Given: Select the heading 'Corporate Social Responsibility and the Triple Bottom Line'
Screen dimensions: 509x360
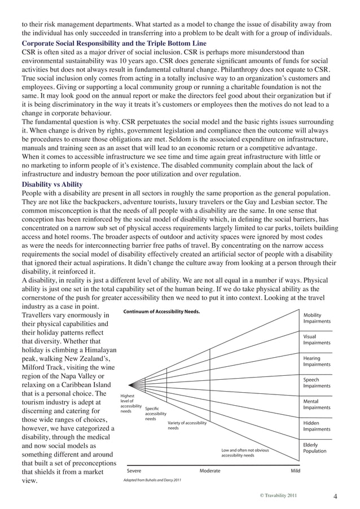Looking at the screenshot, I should point(114,43).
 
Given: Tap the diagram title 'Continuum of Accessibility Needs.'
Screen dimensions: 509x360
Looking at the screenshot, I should point(161,311).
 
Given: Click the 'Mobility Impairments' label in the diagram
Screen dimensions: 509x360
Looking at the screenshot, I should point(317,318).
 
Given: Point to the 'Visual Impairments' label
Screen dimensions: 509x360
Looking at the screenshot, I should point(317,339).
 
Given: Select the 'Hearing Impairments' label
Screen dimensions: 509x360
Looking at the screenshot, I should point(317,361).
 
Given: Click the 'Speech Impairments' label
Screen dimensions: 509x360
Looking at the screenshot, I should point(317,383).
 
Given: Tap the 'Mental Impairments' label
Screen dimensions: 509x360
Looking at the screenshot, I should point(317,405).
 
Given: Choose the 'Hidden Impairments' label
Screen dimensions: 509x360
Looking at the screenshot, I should point(317,426).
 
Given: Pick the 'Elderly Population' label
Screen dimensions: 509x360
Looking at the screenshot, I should point(314,448).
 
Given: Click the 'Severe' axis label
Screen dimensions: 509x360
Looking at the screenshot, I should point(134,470).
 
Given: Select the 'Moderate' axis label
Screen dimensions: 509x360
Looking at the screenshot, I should point(210,470).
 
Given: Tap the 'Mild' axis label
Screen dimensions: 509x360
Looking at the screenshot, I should point(295,470).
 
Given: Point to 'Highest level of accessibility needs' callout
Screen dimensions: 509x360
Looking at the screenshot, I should point(131,404).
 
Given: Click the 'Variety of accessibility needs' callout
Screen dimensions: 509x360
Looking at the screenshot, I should point(187,425).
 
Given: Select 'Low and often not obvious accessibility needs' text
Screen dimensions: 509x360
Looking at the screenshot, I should point(245,453).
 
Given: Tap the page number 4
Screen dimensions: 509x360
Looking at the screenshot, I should point(335,497).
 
